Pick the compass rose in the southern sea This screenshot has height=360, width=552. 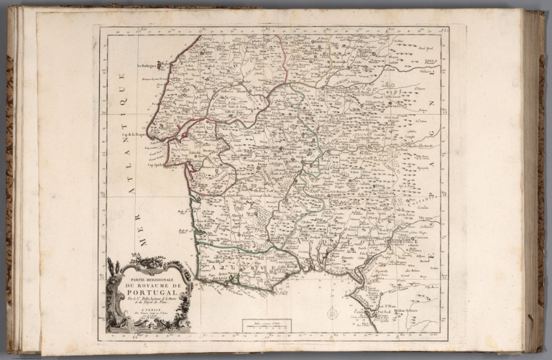tap(332, 313)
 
